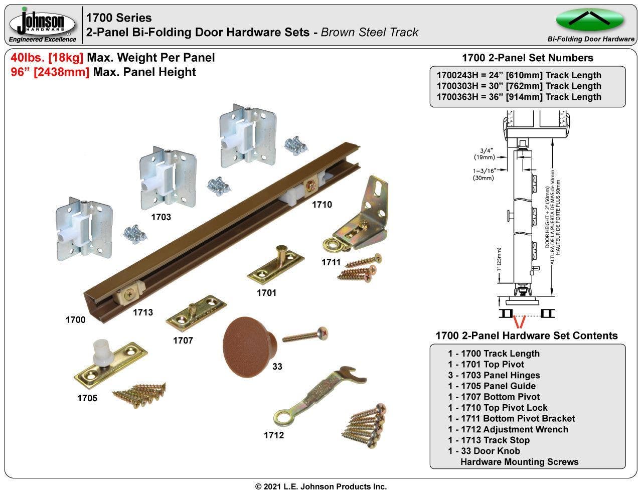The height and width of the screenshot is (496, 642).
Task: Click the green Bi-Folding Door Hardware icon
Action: pos(590,20)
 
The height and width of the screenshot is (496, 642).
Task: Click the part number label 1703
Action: pos(161,217)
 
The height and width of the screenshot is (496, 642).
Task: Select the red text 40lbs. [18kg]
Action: pos(47,58)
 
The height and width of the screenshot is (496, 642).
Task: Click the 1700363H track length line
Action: pos(519,97)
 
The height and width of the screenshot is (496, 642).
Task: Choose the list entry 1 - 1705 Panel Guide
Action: pos(492,386)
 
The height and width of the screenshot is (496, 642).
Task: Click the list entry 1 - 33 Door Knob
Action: pos(484,451)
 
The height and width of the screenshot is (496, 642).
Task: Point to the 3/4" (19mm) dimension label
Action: pos(484,153)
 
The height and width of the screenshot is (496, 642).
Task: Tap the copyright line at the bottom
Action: pos(321,486)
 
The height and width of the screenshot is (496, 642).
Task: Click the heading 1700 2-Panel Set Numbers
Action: pos(527,58)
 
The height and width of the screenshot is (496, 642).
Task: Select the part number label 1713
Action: pos(142,312)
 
